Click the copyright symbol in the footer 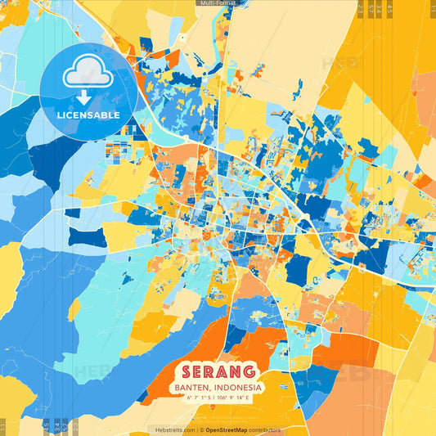coord(202,429)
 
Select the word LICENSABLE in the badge coord(88,115)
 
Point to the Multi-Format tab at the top coord(218,3)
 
